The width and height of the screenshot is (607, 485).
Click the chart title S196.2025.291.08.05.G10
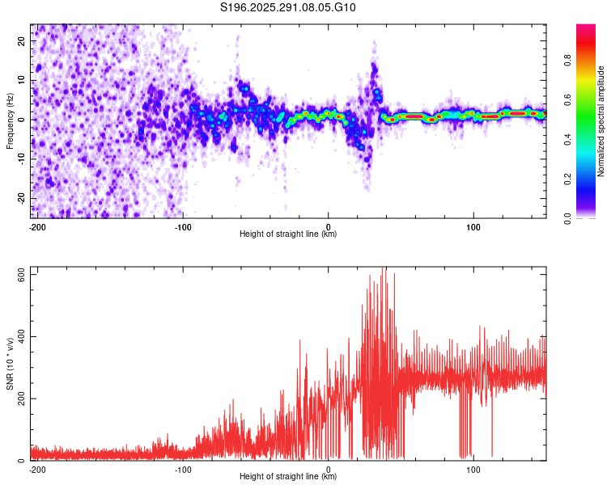[288, 8]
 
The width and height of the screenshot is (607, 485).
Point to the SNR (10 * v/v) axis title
[10, 365]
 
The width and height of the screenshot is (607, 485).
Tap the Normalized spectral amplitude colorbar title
[601, 121]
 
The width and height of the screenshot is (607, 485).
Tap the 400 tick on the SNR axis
[19, 336]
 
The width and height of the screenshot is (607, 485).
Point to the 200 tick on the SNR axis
[19, 399]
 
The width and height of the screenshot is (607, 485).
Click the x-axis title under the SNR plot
[288, 477]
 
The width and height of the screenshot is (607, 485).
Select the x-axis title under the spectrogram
[288, 234]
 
